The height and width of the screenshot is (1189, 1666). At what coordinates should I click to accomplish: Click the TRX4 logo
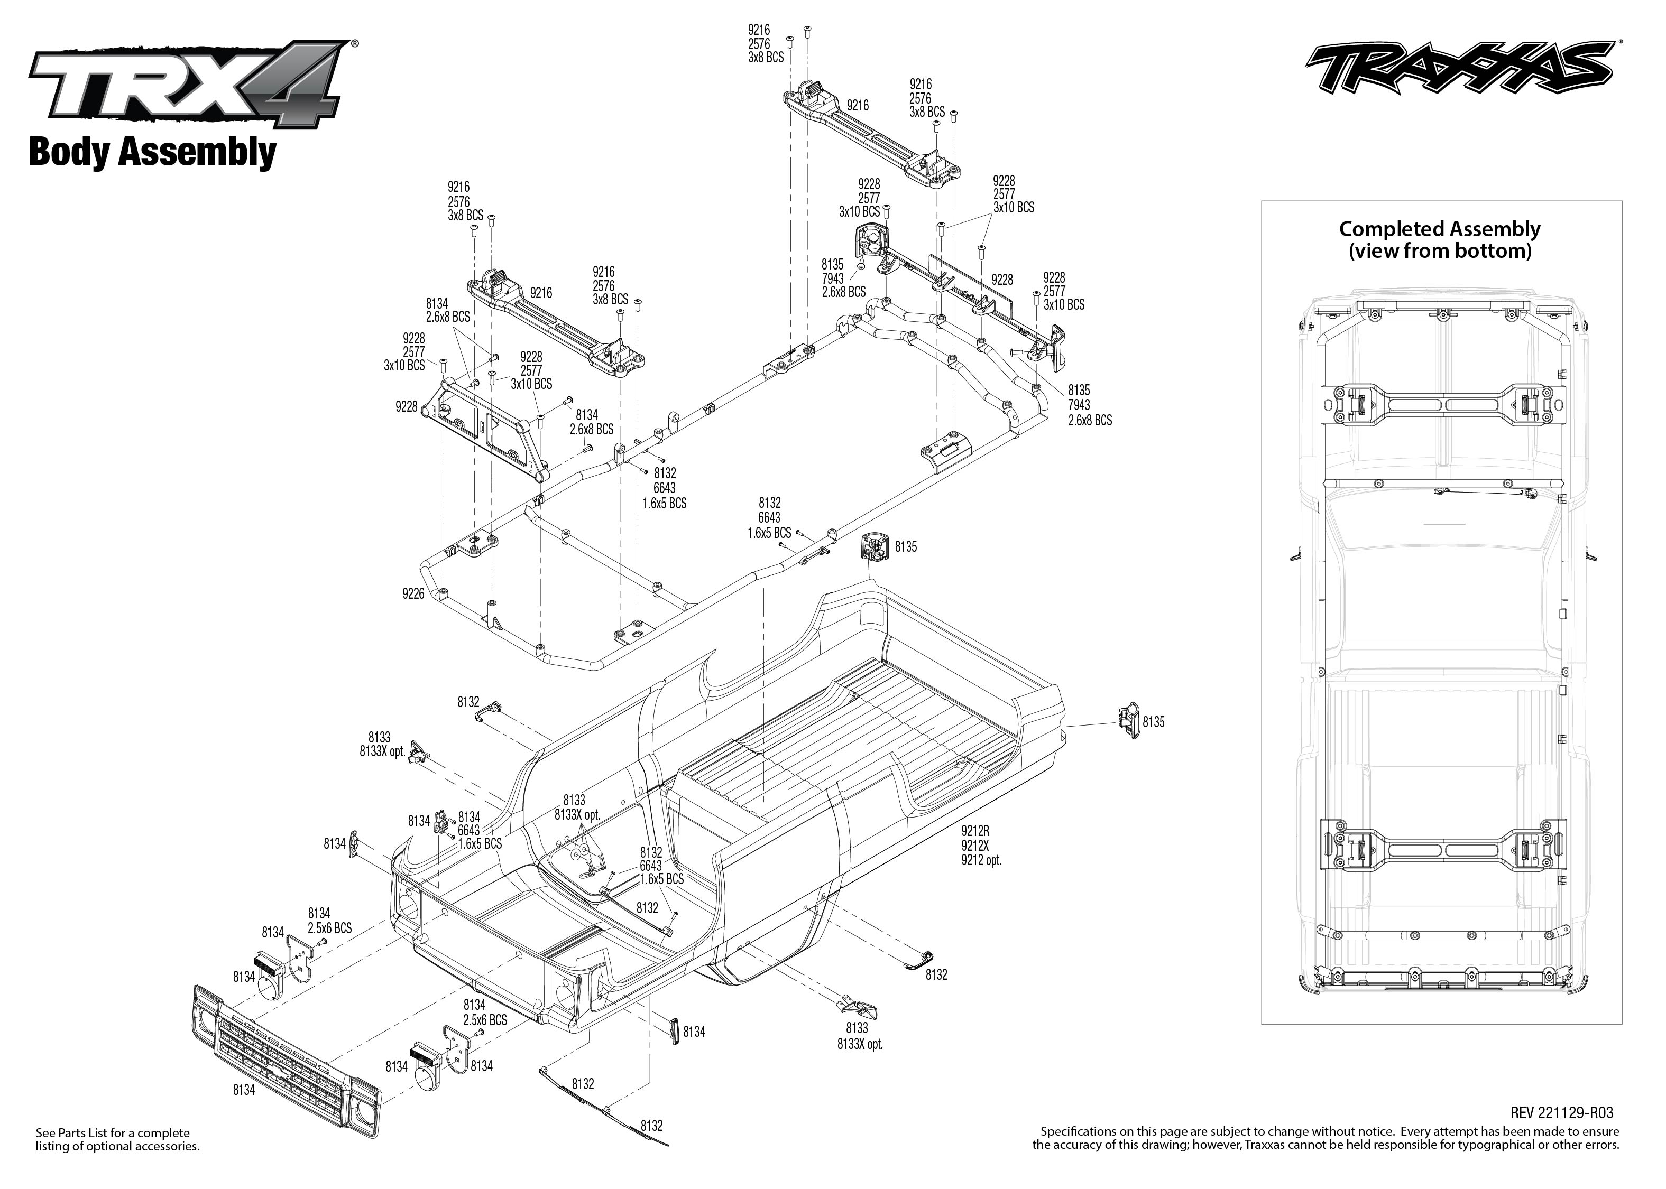pos(187,86)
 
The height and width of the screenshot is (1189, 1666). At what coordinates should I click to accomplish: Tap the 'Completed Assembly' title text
pos(1439,229)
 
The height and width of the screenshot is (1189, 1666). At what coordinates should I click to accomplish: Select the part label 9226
pos(413,594)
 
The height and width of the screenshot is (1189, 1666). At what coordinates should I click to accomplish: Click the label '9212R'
pos(975,831)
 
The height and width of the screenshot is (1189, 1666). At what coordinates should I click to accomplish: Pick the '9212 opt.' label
pos(981,860)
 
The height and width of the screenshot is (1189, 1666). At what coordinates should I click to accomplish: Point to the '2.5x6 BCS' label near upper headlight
pos(329,927)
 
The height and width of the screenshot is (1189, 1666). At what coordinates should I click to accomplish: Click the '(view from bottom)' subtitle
pos(1440,251)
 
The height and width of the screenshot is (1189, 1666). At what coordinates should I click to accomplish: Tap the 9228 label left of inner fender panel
pos(406,406)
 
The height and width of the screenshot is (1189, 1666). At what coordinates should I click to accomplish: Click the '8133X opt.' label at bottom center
pos(860,1045)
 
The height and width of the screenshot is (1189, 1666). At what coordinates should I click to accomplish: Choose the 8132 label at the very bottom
pos(651,1125)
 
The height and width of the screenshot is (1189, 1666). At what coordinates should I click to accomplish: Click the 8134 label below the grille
pos(244,1090)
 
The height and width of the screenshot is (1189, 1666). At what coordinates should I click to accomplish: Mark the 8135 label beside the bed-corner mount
pos(905,547)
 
